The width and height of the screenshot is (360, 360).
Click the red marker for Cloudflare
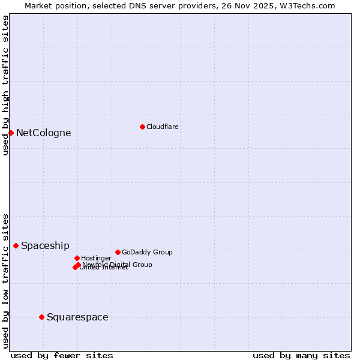pos(142,127)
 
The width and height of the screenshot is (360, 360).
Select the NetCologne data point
pos(11,133)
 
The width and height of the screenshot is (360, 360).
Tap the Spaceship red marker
pos(16,245)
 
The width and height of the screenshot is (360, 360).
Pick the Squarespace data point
pos(41,317)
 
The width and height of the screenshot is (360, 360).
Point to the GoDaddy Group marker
pos(118,252)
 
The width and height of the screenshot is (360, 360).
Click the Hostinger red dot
pos(77,258)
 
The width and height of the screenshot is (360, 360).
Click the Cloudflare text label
pos(163,127)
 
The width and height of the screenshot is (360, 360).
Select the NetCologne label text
pos(43,133)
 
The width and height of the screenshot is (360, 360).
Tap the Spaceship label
pos(45,245)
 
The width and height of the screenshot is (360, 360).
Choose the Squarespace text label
pos(77,317)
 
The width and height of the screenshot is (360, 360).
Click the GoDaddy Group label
pos(147,252)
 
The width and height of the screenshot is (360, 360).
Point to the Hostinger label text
pos(96,258)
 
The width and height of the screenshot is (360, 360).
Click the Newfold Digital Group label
pos(118,264)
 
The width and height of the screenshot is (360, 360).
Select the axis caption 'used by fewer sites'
pos(62,355)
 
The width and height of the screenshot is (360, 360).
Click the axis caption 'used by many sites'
pos(301,355)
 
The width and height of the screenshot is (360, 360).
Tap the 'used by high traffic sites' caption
pos(5,85)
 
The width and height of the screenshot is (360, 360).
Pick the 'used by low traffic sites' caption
pos(5,281)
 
